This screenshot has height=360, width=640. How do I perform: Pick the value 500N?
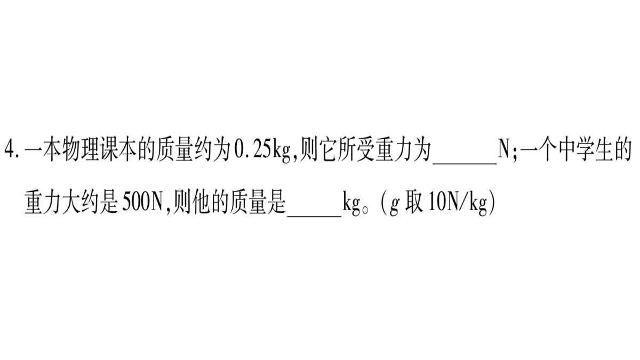click(x=142, y=203)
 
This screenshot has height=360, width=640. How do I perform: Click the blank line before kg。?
click(x=314, y=217)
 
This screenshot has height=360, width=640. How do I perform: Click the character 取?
click(x=414, y=203)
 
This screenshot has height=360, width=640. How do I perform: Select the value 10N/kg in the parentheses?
click(x=458, y=204)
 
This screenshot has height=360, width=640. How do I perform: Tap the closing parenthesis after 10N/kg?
click(x=492, y=204)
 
